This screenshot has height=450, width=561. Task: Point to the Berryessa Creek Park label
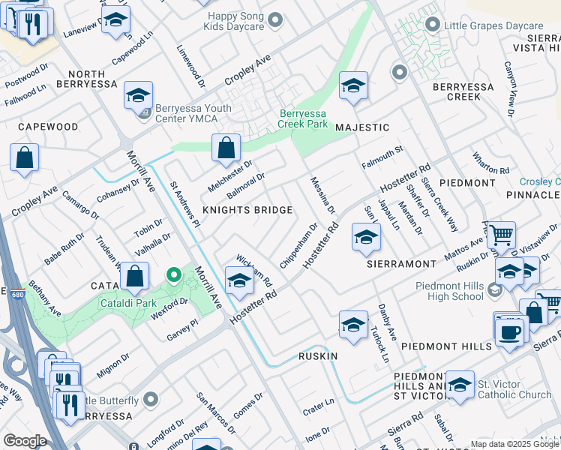[303, 118]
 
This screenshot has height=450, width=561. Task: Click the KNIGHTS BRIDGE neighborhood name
[247, 210]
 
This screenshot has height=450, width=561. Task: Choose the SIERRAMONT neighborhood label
[401, 264]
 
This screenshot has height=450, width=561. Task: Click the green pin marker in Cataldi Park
[174, 275]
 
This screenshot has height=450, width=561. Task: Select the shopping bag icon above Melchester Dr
[226, 148]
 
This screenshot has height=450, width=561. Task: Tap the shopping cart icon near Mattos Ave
[501, 234]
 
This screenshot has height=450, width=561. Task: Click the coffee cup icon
[510, 330]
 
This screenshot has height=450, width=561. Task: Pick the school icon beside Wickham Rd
[239, 281]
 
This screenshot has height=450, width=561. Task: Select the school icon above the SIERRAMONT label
[365, 237]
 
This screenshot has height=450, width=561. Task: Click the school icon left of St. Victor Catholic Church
[460, 384]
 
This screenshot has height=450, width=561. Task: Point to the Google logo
[25, 441]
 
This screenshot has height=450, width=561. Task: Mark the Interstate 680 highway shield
[3, 291]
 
